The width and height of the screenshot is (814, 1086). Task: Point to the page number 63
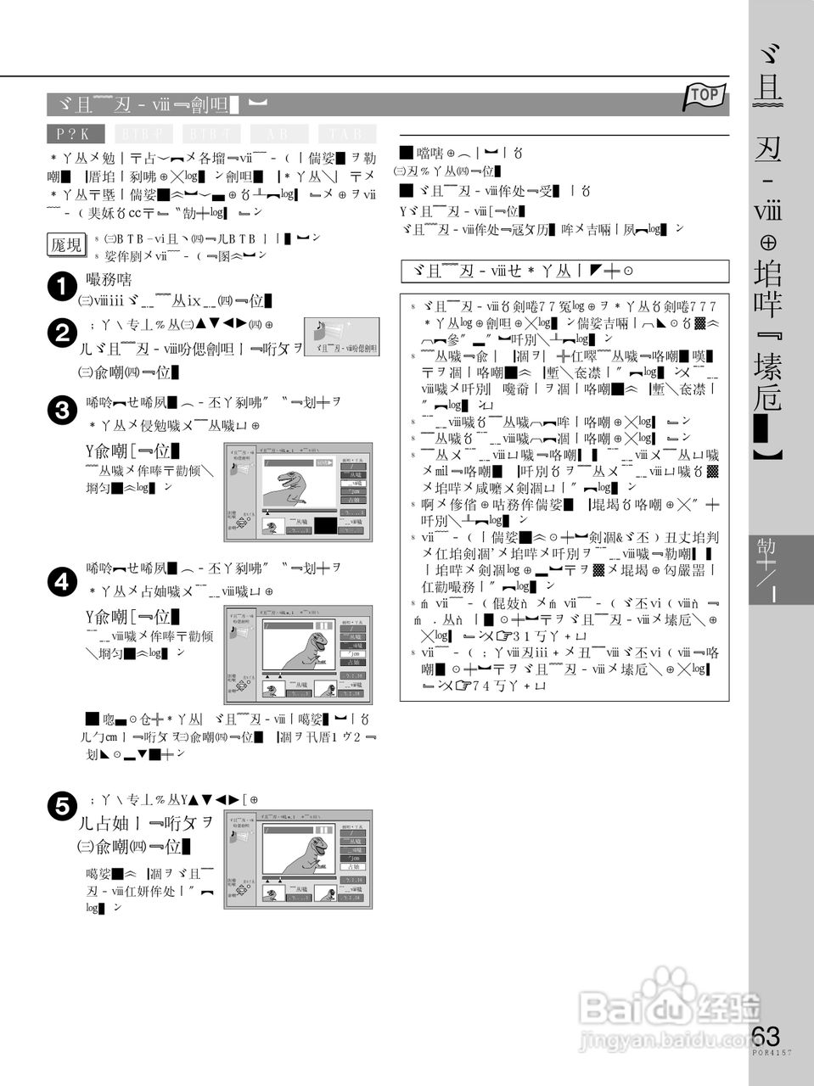766,1037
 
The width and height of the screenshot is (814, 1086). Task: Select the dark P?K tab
76,134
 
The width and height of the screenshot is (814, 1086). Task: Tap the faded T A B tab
346,134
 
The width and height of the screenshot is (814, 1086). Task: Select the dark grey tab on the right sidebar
780,568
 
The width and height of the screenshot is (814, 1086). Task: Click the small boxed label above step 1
66,244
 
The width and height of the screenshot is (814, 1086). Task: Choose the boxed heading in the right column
564,271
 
